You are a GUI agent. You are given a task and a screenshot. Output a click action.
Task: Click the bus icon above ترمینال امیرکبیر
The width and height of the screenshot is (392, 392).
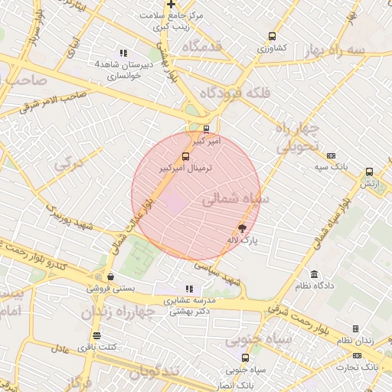(x=186, y=157)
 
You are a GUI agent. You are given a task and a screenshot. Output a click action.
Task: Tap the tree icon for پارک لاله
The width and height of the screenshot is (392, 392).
(x=243, y=227)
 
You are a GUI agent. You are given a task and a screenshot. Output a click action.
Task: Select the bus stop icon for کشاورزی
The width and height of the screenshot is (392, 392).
(x=272, y=36)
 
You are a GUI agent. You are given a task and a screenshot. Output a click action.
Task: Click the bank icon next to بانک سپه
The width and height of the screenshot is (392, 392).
(x=331, y=155)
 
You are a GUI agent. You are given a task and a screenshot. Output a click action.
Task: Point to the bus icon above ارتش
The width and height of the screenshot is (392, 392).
(x=370, y=172)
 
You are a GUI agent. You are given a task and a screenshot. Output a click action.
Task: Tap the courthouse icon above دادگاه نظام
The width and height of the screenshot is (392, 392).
(x=314, y=274)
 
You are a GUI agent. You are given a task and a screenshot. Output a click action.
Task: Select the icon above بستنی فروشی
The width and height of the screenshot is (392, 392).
(x=111, y=276)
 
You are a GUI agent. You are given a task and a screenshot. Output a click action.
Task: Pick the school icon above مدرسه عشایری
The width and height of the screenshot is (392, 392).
(x=189, y=289)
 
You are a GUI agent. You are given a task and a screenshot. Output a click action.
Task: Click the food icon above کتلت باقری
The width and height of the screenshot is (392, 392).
(x=96, y=335)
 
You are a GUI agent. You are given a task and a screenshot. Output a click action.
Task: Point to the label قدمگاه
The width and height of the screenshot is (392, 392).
(x=201, y=47)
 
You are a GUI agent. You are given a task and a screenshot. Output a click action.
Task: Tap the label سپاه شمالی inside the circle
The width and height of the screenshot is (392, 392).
(x=233, y=199)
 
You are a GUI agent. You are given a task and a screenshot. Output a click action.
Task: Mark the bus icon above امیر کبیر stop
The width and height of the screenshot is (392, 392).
(x=206, y=129)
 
